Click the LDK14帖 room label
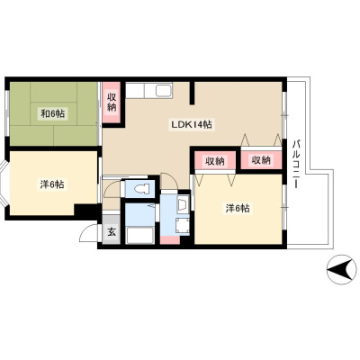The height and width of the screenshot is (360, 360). [x=192, y=124]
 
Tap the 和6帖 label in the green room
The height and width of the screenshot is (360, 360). [x=52, y=113]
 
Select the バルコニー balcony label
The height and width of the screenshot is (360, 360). [x=297, y=164]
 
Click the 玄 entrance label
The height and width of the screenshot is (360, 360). [x=112, y=232]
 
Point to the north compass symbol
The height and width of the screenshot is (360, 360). [x=341, y=269]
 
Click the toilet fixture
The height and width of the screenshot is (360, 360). [x=142, y=189]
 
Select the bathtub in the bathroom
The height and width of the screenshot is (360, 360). [x=140, y=236]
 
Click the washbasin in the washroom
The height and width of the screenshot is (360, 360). [x=183, y=205]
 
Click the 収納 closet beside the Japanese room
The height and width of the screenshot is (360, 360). [x=112, y=103]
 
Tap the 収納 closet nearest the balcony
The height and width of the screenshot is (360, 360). [x=262, y=160]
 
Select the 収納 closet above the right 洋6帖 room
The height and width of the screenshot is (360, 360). [x=215, y=161]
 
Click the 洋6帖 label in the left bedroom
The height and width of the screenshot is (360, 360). [x=52, y=184]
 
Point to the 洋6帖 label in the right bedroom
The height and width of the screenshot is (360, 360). [x=238, y=208]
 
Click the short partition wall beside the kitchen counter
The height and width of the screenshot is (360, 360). [x=192, y=93]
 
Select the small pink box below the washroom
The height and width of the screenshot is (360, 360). [x=170, y=240]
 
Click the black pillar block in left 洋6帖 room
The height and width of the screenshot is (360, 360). [x=86, y=210]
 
